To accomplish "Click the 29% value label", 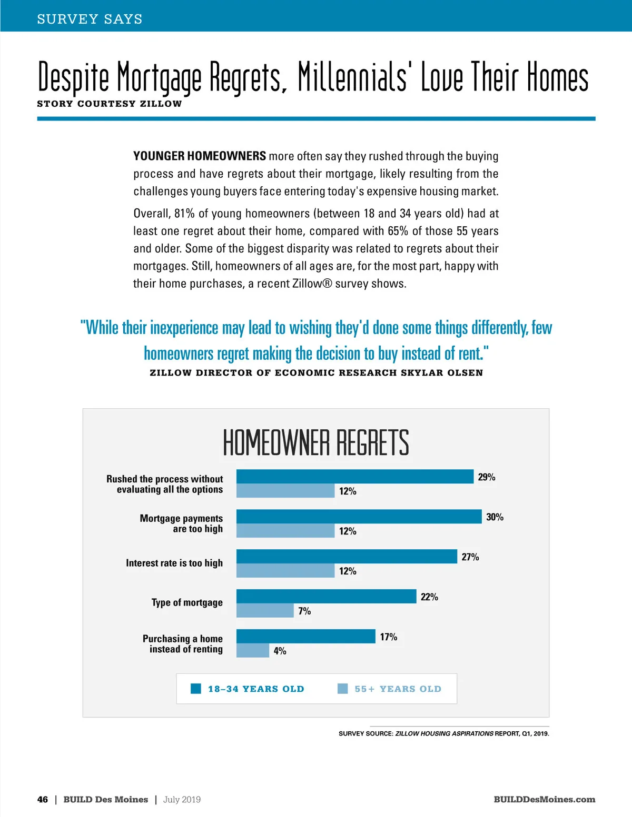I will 486,477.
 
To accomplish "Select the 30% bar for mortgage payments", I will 359,517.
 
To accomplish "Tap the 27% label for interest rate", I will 470,557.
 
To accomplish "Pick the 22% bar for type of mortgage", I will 326,597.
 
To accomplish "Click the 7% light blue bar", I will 265,611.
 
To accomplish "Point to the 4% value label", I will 280,651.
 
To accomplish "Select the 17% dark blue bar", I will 305,637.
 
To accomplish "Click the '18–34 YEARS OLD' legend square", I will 196,689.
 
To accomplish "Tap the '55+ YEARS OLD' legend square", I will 342,689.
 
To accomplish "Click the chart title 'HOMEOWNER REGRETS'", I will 316,442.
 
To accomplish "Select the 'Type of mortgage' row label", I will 187,603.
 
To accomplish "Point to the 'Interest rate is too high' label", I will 174,563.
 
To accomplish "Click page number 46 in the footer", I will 43,800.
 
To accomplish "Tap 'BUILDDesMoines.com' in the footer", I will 544,800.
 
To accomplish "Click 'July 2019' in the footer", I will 182,800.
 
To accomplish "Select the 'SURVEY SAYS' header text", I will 90,19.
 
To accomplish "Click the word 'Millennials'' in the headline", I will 353,77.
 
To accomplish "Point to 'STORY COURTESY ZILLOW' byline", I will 109,104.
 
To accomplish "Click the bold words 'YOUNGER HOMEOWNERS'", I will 200,156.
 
